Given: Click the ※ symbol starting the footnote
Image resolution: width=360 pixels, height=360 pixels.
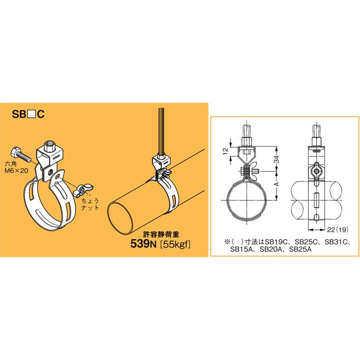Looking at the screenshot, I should click(220, 242).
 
